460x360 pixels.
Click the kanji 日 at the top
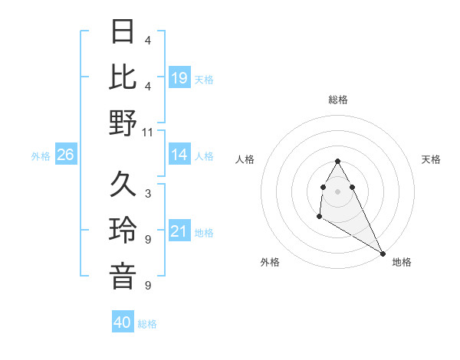pyautogui.click(x=123, y=33)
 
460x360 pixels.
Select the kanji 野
pyautogui.click(x=123, y=123)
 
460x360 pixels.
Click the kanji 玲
pyautogui.click(x=123, y=231)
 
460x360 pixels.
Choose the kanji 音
pyautogui.click(x=123, y=276)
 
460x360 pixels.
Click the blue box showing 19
pyautogui.click(x=179, y=77)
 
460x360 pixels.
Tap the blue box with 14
pyautogui.click(x=179, y=155)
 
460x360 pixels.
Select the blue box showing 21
pyautogui.click(x=179, y=231)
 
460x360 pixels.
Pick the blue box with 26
pyautogui.click(x=66, y=155)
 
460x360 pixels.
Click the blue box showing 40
pyautogui.click(x=123, y=322)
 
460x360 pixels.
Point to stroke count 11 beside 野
pyautogui.click(x=148, y=132)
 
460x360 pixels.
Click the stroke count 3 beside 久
pyautogui.click(x=148, y=194)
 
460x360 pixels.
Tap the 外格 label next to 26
pyautogui.click(x=41, y=156)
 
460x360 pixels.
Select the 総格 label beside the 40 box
pyautogui.click(x=147, y=324)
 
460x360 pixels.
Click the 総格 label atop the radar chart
pyautogui.click(x=338, y=100)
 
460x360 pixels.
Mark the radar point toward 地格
pyautogui.click(x=383, y=253)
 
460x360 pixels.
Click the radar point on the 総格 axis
pyautogui.click(x=338, y=161)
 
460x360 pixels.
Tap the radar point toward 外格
pyautogui.click(x=319, y=218)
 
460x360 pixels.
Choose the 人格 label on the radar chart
pyautogui.click(x=245, y=159)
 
